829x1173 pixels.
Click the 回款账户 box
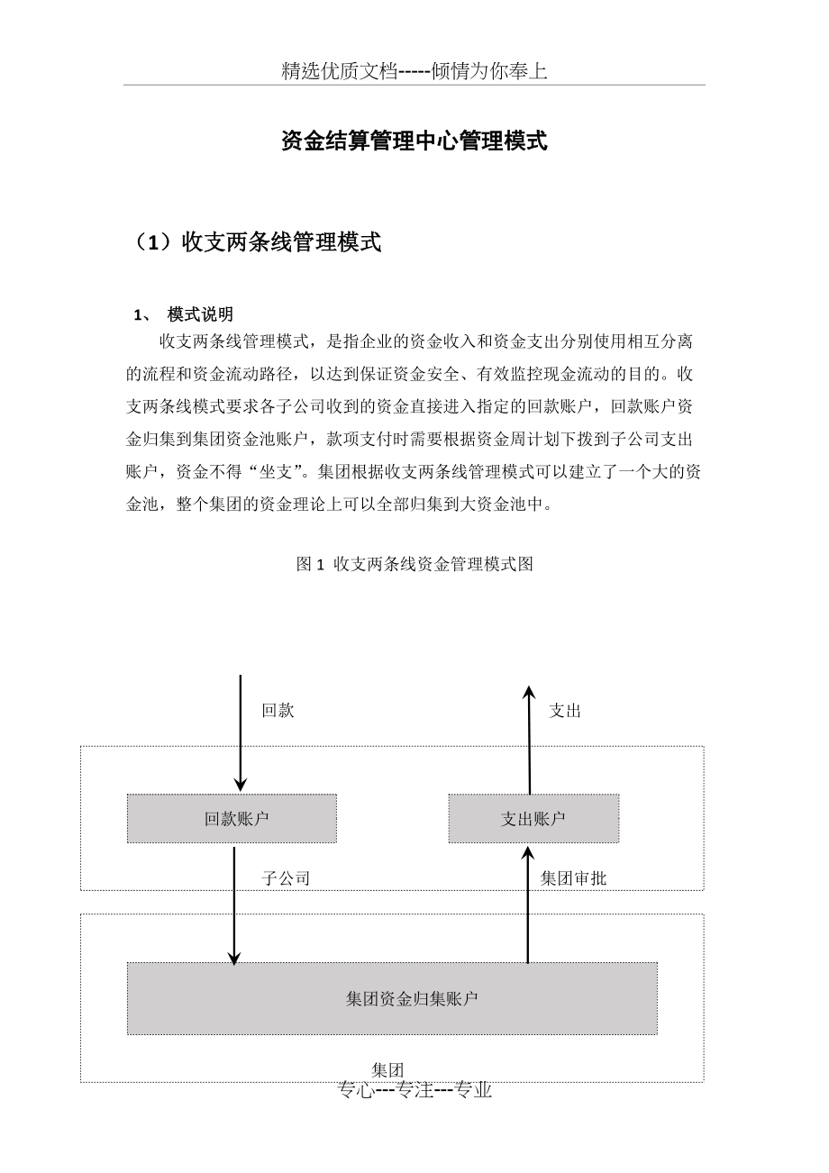coord(232,818)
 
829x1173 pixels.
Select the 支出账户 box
coord(533,818)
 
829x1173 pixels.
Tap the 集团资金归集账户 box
coord(392,998)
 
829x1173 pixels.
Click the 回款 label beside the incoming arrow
coord(278,711)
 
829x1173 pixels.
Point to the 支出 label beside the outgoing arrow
coord(565,711)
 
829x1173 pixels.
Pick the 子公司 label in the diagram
coord(287,878)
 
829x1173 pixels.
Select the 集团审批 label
coord(573,878)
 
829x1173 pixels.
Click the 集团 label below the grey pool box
coord(387,1070)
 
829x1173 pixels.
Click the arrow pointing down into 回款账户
coord(241,734)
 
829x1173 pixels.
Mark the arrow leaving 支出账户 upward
coord(529,739)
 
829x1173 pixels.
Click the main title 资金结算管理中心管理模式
coord(414,141)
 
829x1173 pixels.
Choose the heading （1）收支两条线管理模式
coord(257,242)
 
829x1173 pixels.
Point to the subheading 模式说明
coord(200,314)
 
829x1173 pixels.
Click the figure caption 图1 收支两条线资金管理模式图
coord(414,564)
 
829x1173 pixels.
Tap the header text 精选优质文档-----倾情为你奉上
coord(414,72)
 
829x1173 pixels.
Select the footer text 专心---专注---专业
coord(414,1090)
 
